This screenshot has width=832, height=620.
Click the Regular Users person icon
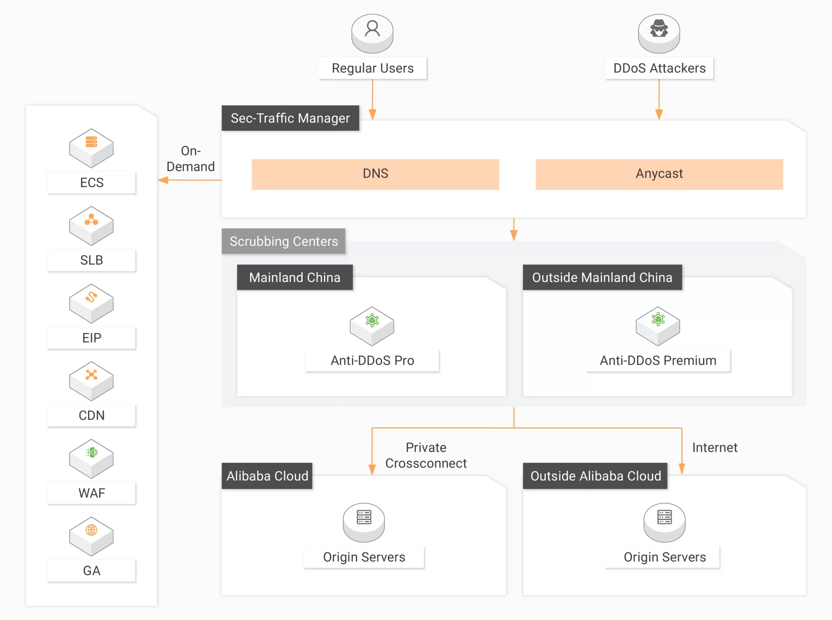click(x=372, y=33)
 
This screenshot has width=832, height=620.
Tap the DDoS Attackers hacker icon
click(x=659, y=33)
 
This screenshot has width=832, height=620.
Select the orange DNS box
click(x=375, y=174)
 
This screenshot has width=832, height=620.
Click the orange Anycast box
click(x=659, y=174)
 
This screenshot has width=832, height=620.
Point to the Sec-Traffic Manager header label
click(x=290, y=118)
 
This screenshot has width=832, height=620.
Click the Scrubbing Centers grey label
click(x=284, y=241)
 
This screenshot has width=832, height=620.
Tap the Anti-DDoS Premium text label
click(x=658, y=360)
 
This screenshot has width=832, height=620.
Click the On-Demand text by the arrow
click(x=191, y=159)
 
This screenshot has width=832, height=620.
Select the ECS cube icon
click(x=91, y=148)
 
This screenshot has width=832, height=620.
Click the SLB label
click(x=91, y=260)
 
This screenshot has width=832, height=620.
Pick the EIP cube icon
click(x=91, y=303)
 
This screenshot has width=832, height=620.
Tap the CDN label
click(x=91, y=415)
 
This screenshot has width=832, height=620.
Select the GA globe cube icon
click(x=91, y=536)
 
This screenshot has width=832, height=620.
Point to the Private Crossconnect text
click(x=426, y=455)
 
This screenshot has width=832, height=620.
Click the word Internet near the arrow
click(x=715, y=448)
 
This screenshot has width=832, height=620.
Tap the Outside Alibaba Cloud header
click(x=595, y=476)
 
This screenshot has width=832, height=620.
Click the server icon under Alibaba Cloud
click(x=364, y=522)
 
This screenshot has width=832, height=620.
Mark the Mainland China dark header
click(x=295, y=278)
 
